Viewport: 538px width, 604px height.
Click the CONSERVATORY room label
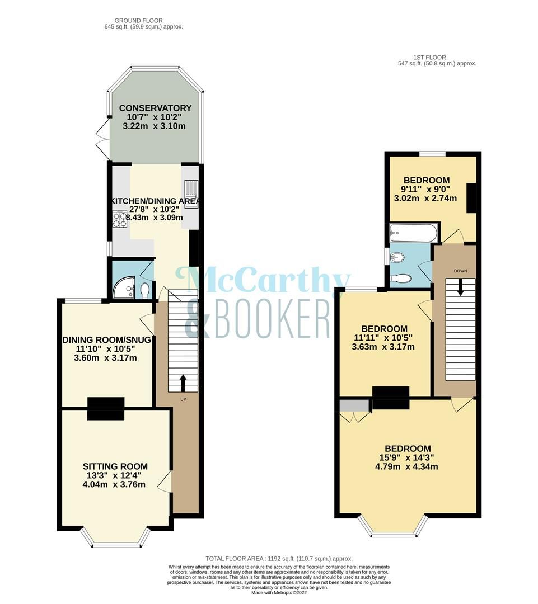click(x=155, y=108)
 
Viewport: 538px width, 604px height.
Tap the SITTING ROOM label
click(x=115, y=466)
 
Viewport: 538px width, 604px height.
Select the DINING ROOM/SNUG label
click(x=107, y=340)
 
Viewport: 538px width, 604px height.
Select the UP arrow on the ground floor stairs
click(x=183, y=384)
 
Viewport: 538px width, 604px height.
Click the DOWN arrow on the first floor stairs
click(x=460, y=287)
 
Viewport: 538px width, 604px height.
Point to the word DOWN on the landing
click(x=460, y=271)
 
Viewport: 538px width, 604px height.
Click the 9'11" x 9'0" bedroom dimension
click(x=427, y=189)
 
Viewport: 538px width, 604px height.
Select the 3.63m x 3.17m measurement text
click(x=383, y=347)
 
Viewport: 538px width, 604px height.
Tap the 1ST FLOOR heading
click(x=437, y=57)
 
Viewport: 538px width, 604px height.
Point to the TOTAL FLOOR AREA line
click(x=279, y=559)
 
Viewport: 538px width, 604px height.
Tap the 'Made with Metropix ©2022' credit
click(x=279, y=593)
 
